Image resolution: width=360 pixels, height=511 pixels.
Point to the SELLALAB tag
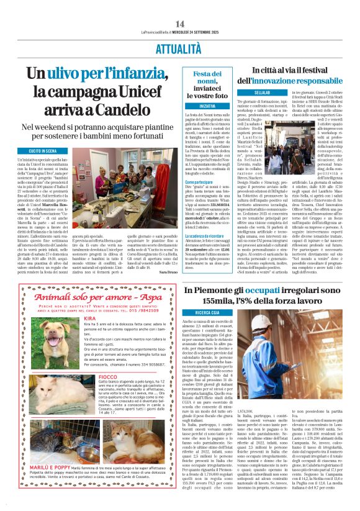tap(245, 93)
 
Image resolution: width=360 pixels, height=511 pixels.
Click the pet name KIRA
tap(90, 319)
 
